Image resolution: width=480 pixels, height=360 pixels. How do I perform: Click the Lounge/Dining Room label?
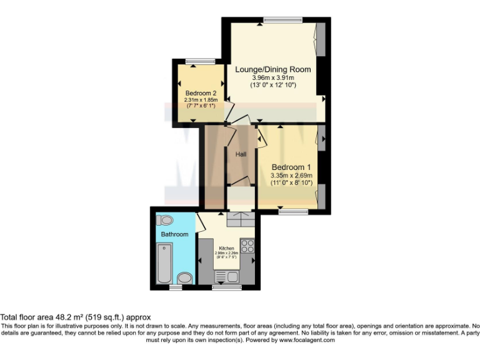coord(272,69)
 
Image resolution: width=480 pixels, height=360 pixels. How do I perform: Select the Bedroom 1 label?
coord(291,167)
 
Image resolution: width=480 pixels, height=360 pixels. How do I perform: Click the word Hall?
coord(241,154)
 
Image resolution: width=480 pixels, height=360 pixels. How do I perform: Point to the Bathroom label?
coord(174,234)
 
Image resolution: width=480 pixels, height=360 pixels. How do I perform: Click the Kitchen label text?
coord(226,247)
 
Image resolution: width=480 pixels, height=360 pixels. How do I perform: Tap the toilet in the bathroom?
coord(165,220)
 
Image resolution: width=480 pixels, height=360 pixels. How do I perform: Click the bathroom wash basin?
coord(185,277)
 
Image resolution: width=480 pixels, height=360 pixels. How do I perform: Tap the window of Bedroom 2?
coord(200,61)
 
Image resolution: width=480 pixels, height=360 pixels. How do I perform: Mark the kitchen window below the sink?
coord(226,287)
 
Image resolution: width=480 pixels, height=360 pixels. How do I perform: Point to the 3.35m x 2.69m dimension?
coord(291,176)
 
